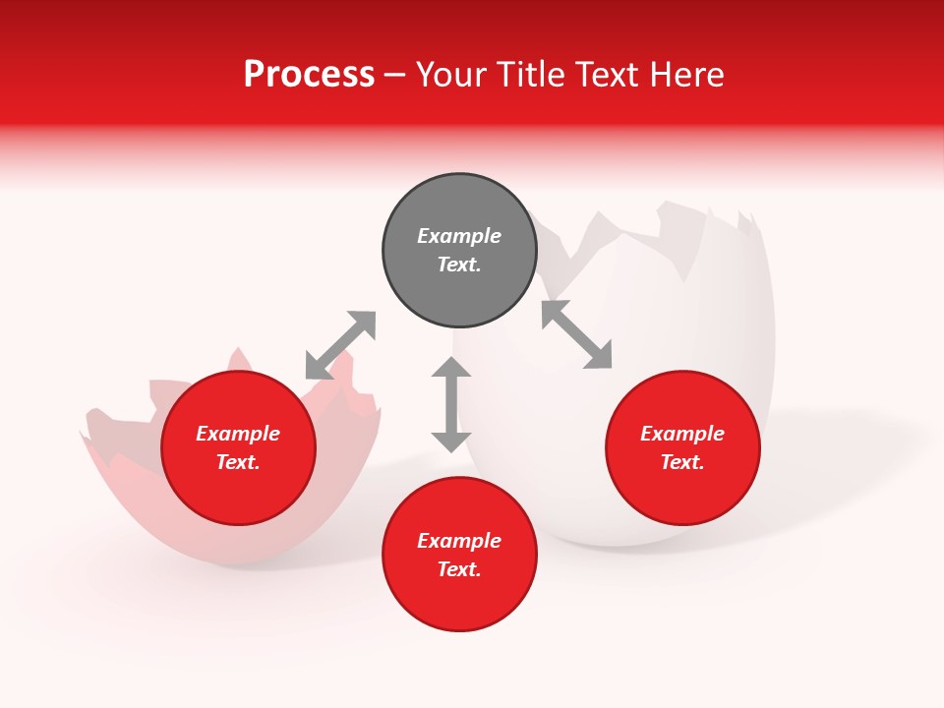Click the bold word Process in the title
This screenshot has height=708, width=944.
(309, 75)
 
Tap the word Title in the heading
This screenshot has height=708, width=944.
(526, 75)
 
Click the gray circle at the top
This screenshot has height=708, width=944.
(459, 251)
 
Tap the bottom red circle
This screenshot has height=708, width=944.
(459, 555)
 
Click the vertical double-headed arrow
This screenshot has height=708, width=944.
(451, 404)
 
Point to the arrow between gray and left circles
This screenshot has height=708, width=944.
(340, 345)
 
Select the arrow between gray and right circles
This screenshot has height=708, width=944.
(577, 334)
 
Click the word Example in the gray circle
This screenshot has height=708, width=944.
(459, 236)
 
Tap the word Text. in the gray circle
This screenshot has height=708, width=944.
(459, 265)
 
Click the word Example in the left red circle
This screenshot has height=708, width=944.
(238, 434)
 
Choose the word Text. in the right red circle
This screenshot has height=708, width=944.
(682, 462)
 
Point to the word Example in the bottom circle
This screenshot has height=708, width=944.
(459, 541)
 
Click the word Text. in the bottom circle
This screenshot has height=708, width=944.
(459, 569)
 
